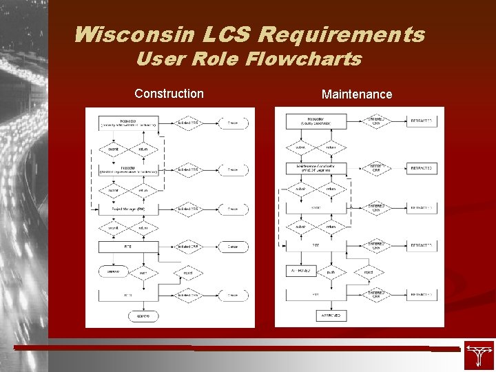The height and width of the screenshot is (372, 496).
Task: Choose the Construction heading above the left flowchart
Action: [x=169, y=93]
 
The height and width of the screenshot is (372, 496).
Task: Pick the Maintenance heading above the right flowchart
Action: [x=356, y=94]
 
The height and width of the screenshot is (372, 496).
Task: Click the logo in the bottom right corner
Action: [x=478, y=355]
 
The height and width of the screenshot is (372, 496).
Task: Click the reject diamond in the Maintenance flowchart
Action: [x=368, y=272]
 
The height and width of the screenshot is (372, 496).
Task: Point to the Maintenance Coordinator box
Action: [x=316, y=168]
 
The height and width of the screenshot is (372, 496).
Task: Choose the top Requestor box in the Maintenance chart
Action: [x=316, y=122]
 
